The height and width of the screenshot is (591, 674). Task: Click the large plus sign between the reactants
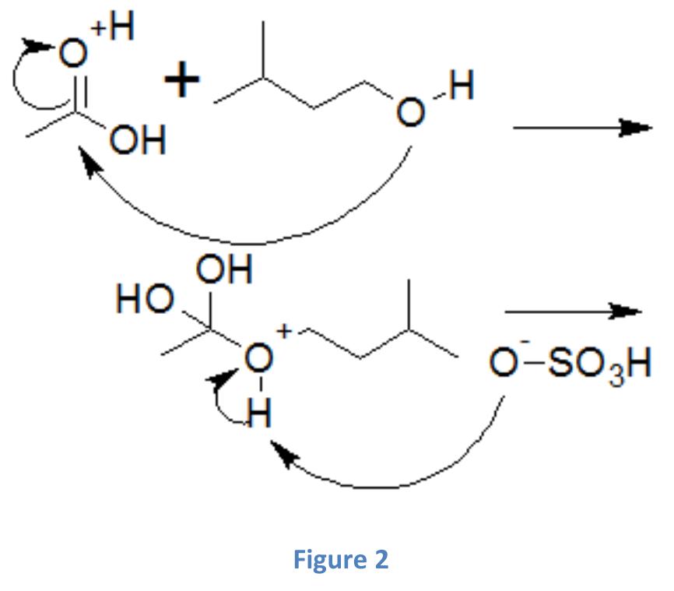tap(181, 81)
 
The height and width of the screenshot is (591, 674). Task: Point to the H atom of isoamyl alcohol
tap(461, 87)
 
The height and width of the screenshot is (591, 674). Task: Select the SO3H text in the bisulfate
tap(600, 364)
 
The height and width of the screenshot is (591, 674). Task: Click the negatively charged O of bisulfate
tap(506, 364)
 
